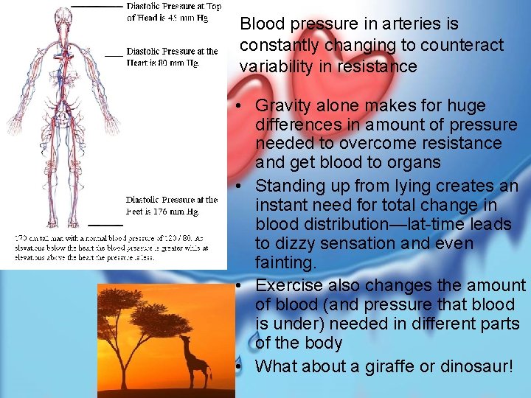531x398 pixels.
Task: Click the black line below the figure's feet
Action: pos(105,224)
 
